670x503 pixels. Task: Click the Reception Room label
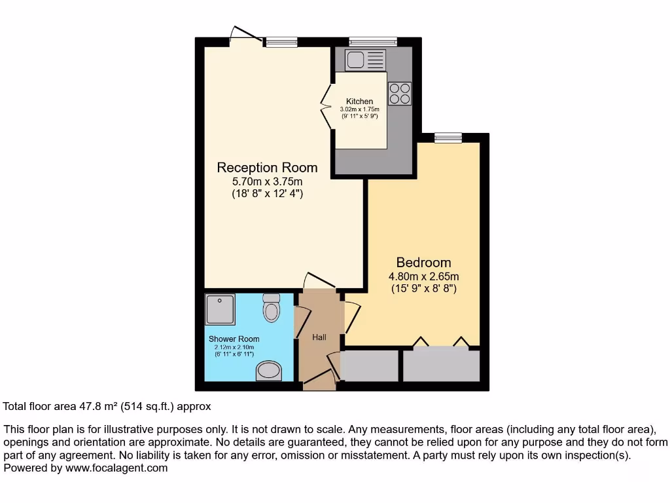[267, 168]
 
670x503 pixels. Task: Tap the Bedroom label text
[423, 263]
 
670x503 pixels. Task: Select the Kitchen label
[360, 102]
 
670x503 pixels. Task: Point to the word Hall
[319, 337]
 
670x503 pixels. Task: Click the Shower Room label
[234, 339]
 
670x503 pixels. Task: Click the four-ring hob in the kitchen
[400, 93]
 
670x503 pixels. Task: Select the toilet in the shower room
[271, 307]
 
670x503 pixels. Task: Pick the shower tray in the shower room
[220, 310]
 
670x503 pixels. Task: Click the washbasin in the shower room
[268, 372]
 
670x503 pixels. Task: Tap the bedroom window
[448, 137]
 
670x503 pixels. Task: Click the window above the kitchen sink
[373, 41]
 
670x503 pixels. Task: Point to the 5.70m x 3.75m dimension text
[267, 181]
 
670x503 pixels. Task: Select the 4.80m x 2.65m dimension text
[423, 276]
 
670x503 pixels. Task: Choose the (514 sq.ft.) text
[150, 407]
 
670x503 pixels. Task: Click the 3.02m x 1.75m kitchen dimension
[360, 109]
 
